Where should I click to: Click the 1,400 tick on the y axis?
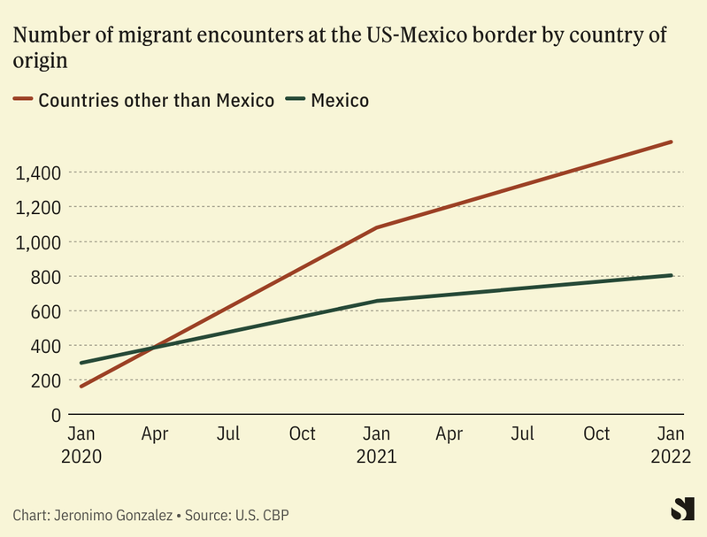tap(38, 173)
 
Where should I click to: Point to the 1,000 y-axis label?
tap(38, 242)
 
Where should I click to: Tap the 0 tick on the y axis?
tap(55, 415)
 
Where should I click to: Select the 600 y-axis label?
tap(45, 311)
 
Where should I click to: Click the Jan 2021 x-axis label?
tap(377, 445)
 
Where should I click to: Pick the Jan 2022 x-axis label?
tap(672, 445)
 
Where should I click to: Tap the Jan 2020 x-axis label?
tap(81, 445)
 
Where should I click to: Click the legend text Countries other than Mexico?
tap(156, 100)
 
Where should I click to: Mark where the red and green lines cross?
tap(152, 348)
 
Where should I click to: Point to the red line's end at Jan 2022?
tap(672, 142)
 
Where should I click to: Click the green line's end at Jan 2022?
tap(672, 275)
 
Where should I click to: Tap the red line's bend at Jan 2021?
tap(377, 227)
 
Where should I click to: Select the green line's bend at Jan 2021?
tap(377, 301)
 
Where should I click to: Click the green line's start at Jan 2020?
tap(81, 363)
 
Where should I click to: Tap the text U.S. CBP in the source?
tap(263, 515)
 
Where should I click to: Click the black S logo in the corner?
tap(682, 509)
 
